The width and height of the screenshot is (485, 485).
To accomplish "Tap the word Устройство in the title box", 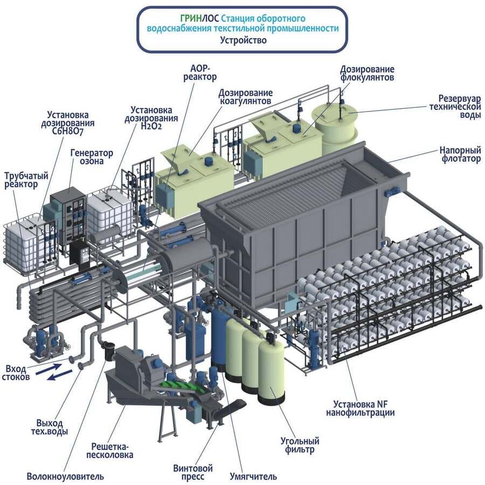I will [x=243, y=40].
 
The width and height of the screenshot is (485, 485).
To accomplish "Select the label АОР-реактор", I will [x=204, y=73].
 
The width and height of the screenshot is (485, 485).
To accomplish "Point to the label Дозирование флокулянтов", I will [x=367, y=73].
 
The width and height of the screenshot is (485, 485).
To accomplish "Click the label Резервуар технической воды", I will [x=459, y=107].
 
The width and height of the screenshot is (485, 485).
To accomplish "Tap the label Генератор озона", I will [x=92, y=157].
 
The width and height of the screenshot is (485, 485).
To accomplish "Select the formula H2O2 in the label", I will [x=151, y=127].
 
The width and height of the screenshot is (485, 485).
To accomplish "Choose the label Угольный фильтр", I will [x=300, y=445].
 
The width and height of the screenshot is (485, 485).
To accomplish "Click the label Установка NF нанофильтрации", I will [x=360, y=408].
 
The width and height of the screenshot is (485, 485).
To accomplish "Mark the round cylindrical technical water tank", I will [x=336, y=127].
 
